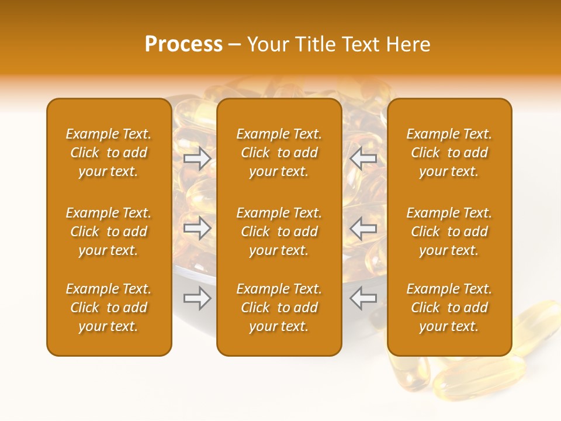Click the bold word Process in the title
point(183,44)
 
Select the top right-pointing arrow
point(198,158)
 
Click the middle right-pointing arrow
point(198,228)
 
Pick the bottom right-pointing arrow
point(198,299)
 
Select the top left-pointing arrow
point(363,158)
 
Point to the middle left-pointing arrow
point(363,228)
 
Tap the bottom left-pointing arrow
point(363,299)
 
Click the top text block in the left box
point(109,153)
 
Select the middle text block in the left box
point(109,232)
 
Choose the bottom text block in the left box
point(109,308)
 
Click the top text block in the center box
point(279,153)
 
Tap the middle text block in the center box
point(279,232)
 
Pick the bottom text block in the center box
point(279,308)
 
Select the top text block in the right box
point(449,153)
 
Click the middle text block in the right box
point(449,232)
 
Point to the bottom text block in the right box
point(449,308)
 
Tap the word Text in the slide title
point(363,44)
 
